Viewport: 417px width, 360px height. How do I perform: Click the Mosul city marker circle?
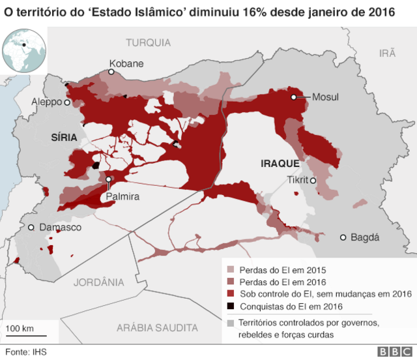pos(294,97)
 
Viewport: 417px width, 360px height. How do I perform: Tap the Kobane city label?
pos(126,63)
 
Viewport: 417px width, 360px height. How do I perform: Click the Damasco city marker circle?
pos(31,228)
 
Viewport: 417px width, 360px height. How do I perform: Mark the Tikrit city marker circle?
pos(313,181)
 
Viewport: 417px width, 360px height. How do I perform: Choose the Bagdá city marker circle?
pos(343,237)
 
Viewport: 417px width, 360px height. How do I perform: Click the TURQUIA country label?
pos(148,42)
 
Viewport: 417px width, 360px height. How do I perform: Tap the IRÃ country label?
pos(388,53)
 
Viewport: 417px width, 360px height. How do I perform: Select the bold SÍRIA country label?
pos(64,137)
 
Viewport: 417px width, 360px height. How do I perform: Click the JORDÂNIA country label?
pos(98,282)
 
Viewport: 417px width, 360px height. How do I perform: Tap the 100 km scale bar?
pos(22,336)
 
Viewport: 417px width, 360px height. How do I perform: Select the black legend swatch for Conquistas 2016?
pos(230,307)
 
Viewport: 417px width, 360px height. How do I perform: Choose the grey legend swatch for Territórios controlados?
pos(230,323)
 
